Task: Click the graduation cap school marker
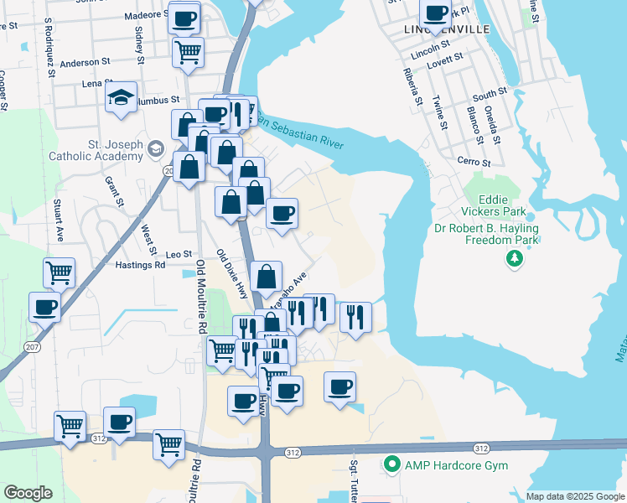[x=122, y=98]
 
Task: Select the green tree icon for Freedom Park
[x=514, y=260]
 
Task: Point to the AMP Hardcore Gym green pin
[x=391, y=464]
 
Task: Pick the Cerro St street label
[x=473, y=162]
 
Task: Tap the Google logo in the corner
[x=28, y=493]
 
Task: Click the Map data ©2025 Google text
[x=576, y=496]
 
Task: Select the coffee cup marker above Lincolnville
[x=435, y=13]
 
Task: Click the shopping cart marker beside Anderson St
[x=188, y=50]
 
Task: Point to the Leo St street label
[x=179, y=253]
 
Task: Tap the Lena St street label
[x=97, y=84]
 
